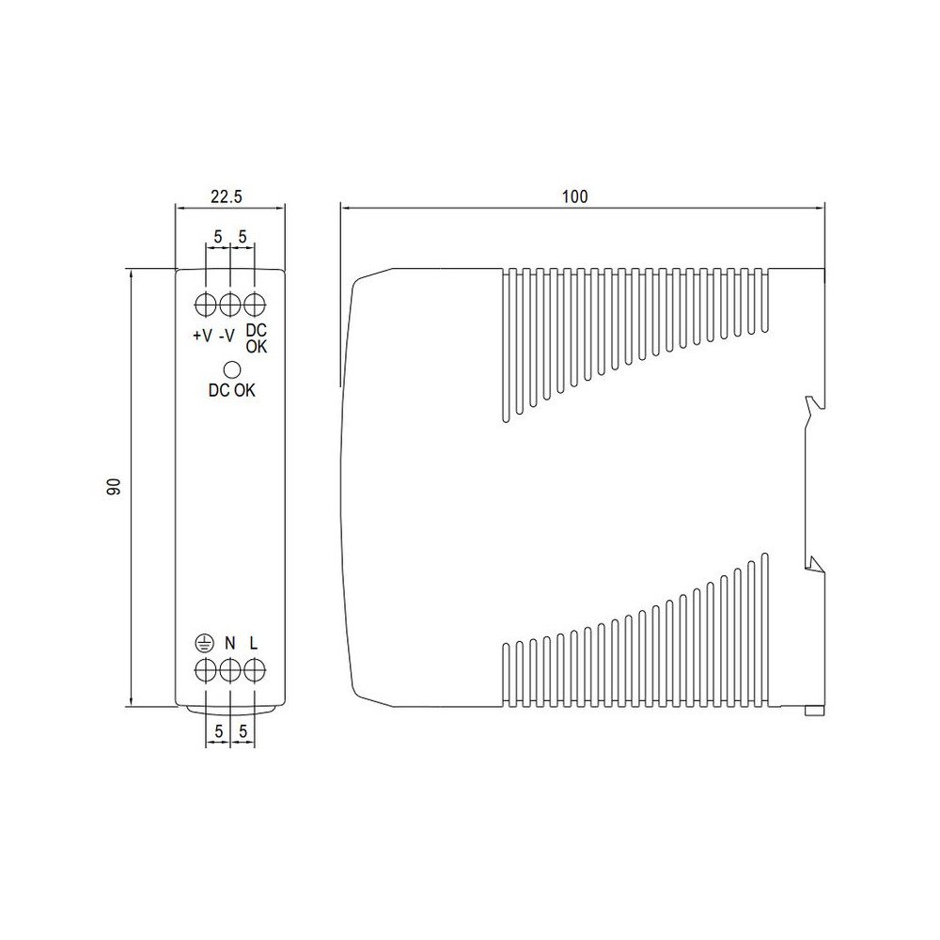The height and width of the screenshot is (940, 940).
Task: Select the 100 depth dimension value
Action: [x=574, y=196]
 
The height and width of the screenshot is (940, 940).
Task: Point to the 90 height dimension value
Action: [x=114, y=487]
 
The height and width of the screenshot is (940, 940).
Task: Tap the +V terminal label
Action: [x=202, y=335]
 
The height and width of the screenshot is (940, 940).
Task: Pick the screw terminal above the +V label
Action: [x=206, y=305]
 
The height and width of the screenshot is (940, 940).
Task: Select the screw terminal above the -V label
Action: [x=230, y=305]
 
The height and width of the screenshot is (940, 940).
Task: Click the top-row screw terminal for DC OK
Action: [x=255, y=305]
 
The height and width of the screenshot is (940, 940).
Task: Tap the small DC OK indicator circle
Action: [x=230, y=369]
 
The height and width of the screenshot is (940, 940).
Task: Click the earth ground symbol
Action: [x=205, y=644]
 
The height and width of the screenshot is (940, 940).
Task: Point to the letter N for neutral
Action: [x=229, y=644]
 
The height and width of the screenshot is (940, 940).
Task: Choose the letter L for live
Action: [x=254, y=644]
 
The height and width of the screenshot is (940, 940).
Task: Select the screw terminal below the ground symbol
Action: [x=206, y=670]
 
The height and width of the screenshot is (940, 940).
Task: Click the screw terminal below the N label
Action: [x=230, y=670]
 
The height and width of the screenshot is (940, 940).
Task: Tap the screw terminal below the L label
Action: [x=255, y=670]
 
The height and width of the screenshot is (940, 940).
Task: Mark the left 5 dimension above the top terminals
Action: [x=218, y=238]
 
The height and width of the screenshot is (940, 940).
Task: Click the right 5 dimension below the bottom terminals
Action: [x=243, y=730]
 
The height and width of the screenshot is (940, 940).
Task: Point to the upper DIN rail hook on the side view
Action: [x=813, y=406]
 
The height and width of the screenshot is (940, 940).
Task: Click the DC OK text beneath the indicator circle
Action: [x=231, y=391]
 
